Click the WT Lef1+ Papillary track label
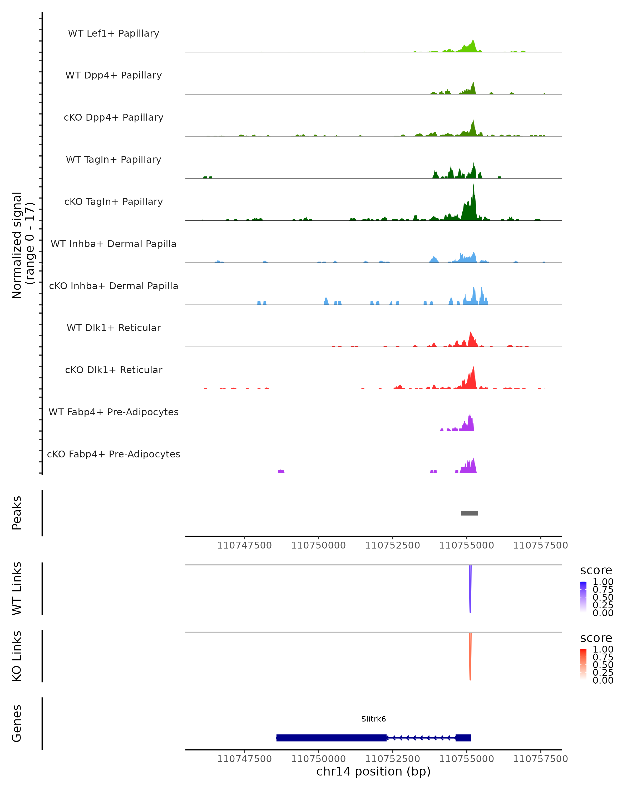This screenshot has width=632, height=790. [113, 33]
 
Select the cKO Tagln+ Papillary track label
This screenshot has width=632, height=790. [113, 201]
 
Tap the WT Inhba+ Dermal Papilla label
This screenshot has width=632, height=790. [113, 244]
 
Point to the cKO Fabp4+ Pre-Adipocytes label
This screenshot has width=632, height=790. [113, 454]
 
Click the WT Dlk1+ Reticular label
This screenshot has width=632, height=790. [113, 328]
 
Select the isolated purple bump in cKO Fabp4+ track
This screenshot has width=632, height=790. [281, 471]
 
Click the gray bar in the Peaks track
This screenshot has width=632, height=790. [469, 513]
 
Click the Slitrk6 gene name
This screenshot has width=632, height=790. [373, 719]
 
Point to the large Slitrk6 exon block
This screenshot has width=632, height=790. [331, 738]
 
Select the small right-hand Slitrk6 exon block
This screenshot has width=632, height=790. [463, 738]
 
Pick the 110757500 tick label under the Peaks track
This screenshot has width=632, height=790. [540, 545]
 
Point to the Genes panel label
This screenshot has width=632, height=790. [17, 724]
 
